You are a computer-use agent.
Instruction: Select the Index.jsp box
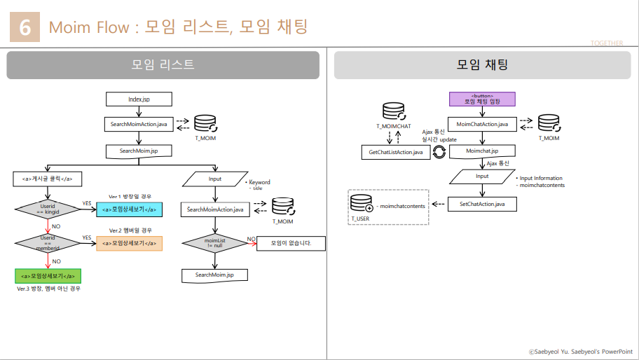click(x=139, y=99)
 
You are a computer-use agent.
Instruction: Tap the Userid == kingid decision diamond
click(x=48, y=209)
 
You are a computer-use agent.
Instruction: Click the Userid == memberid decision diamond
click(x=48, y=243)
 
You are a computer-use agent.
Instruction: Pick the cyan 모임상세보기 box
click(x=129, y=209)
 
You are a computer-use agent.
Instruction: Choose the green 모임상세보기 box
click(x=48, y=276)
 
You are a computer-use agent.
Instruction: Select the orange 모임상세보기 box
click(x=129, y=243)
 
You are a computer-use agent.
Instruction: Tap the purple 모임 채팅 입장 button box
click(x=482, y=99)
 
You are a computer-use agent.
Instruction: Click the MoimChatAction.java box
click(x=482, y=124)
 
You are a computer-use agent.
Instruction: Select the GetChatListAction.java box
click(x=395, y=151)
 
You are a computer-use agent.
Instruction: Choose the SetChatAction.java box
click(x=482, y=204)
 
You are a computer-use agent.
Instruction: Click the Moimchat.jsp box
click(x=482, y=151)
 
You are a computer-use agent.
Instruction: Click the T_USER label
click(x=360, y=219)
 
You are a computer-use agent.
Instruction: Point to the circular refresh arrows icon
click(x=439, y=151)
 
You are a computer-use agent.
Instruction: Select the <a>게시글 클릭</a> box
click(x=48, y=179)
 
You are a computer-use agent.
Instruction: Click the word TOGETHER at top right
click(x=606, y=43)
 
